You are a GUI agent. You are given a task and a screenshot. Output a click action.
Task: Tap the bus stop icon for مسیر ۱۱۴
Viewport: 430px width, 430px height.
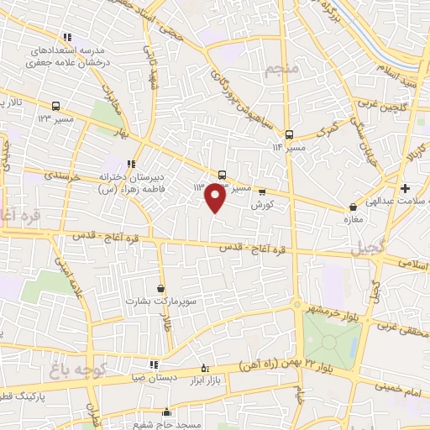coord(289,134)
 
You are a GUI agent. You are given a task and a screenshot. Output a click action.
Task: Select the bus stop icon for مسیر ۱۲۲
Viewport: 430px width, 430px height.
coord(55,106)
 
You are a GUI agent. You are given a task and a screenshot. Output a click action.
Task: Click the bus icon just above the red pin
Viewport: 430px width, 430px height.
coord(222,175)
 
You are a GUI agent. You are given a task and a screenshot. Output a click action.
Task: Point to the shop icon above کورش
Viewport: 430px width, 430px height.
coord(261,191)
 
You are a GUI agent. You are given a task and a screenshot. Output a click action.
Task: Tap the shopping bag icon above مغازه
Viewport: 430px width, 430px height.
coord(353,207)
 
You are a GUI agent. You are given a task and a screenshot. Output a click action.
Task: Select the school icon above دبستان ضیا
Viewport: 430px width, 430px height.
coord(154,364)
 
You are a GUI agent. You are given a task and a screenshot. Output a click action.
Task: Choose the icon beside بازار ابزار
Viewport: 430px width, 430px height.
coord(207,368)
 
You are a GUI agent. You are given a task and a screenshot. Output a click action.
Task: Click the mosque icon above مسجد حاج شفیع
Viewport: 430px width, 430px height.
coord(167,412)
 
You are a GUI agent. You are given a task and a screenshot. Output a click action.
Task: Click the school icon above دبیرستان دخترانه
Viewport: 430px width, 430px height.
coord(131,164)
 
